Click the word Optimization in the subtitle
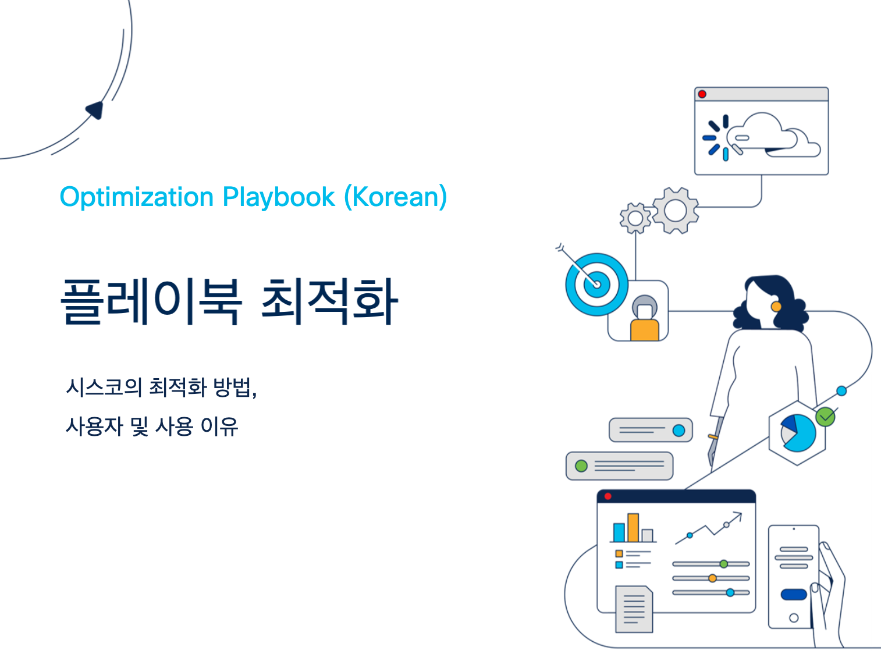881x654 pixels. [x=137, y=197]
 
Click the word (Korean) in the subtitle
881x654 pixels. [x=396, y=197]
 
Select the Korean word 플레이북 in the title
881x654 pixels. [x=151, y=301]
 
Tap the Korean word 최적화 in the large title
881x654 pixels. [x=330, y=301]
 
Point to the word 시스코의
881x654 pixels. [x=104, y=387]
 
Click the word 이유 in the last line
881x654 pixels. [x=219, y=426]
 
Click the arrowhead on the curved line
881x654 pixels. [x=95, y=110]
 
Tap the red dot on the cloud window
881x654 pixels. [x=702, y=94]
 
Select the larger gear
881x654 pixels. [x=675, y=211]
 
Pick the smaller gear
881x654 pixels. [x=635, y=218]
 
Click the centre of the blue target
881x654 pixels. [x=596, y=285]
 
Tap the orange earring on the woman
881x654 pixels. [x=776, y=307]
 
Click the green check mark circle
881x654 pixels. [x=825, y=417]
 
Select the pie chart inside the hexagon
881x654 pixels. [x=798, y=433]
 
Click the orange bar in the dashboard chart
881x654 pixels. [x=633, y=528]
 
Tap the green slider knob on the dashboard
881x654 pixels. [x=724, y=564]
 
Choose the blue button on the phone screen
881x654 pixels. [x=794, y=595]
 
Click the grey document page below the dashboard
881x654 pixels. [x=634, y=609]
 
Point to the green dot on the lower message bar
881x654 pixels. [x=581, y=466]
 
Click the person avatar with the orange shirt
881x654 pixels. [x=644, y=318]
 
